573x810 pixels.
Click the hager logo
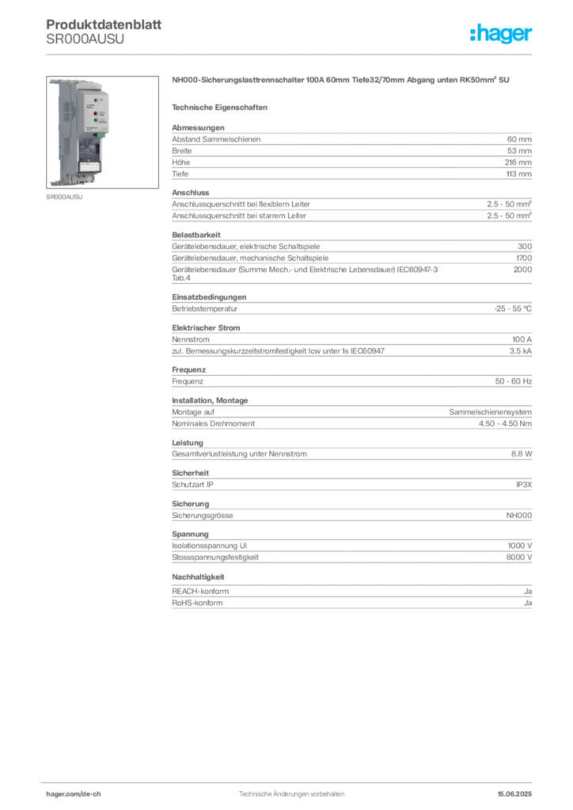pos(500,33)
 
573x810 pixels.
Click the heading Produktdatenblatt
pos(104,25)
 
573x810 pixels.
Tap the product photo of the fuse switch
pos(102,132)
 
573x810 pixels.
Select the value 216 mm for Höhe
pos(518,162)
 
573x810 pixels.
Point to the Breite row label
pos(182,151)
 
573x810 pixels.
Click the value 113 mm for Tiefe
pos(518,174)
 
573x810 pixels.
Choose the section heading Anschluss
pos(191,193)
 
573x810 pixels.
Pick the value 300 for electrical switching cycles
pos(525,247)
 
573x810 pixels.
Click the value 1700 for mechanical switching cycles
pos(523,258)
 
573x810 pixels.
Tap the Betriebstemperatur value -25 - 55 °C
pos(513,308)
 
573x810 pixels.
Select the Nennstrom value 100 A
pos(522,339)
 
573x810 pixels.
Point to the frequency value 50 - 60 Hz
pos(513,381)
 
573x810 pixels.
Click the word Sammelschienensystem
pos(491,412)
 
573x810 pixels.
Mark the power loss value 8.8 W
pos(522,453)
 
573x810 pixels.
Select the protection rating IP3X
pos(524,485)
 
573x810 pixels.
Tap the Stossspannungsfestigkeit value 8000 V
pos(518,558)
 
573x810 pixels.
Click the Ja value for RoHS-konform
pos(528,603)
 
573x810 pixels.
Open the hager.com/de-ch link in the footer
pos(74,794)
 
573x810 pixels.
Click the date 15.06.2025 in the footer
pos(514,794)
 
